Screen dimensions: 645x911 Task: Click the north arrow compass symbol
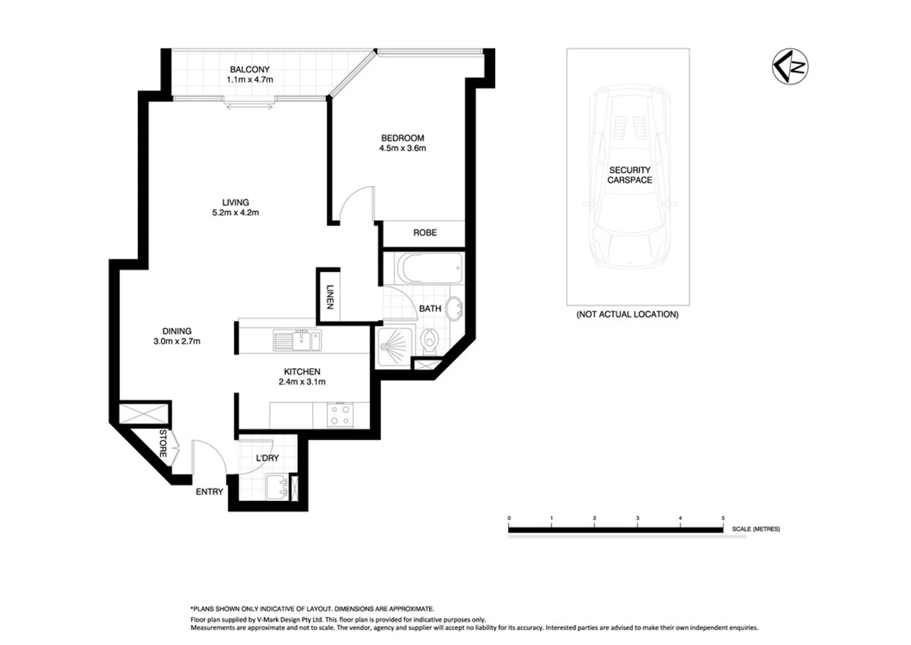[790, 66]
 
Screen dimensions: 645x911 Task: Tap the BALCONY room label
[249, 70]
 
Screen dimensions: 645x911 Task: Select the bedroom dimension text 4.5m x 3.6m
[403, 148]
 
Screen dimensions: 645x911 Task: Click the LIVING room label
[235, 202]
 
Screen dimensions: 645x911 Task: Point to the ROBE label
[425, 232]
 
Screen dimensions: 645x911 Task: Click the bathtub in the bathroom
[431, 269]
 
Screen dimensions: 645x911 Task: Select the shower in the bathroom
[394, 346]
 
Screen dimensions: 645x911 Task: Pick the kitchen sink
[297, 340]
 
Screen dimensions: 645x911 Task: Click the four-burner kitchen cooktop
[340, 414]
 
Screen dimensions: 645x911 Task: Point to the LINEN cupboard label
[329, 296]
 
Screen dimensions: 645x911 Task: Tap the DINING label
[177, 331]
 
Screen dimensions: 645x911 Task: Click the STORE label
[163, 443]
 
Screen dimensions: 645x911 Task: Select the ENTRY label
[209, 492]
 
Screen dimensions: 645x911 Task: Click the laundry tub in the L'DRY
[276, 486]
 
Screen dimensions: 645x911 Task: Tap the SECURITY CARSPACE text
[629, 175]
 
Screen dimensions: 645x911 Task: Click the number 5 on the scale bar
[723, 518]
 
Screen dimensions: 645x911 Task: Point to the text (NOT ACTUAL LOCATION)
[627, 314]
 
